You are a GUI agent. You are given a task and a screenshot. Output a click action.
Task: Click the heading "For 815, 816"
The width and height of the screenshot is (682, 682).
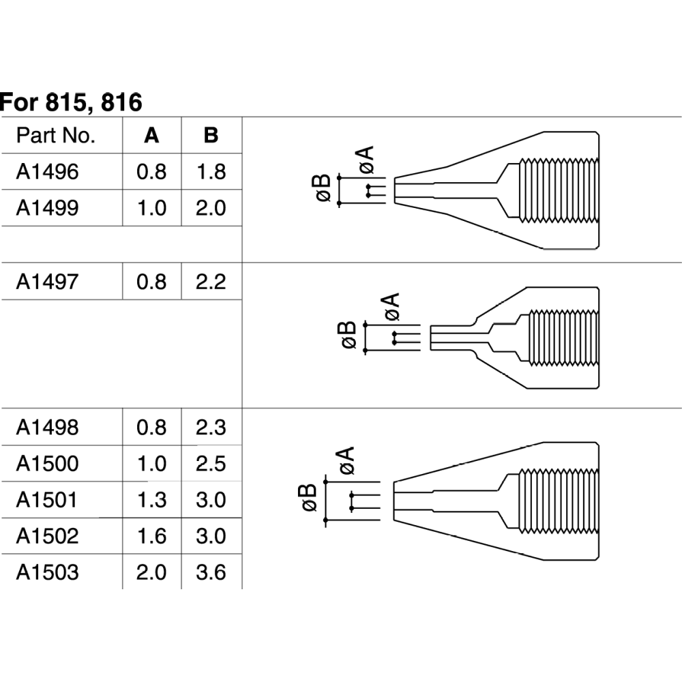71,102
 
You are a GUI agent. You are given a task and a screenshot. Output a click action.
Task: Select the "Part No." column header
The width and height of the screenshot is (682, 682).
56,135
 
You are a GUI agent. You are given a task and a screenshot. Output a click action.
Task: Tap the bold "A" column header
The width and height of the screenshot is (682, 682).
151,135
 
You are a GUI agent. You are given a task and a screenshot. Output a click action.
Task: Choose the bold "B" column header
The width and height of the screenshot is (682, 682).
211,135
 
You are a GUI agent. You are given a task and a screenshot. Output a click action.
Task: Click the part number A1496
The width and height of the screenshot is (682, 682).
48,171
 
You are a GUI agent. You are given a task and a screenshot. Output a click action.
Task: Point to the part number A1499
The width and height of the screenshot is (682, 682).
48,208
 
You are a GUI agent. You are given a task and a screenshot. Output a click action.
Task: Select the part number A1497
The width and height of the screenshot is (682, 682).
48,281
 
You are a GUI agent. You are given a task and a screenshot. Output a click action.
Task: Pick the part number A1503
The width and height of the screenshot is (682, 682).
48,572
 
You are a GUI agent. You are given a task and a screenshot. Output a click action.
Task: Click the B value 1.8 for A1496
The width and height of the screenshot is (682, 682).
211,171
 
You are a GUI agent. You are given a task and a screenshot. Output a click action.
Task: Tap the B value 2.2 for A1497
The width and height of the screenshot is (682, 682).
211,281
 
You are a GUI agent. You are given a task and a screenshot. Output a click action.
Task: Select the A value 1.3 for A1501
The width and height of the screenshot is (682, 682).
151,500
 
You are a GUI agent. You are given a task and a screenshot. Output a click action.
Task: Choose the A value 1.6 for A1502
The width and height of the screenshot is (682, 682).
151,536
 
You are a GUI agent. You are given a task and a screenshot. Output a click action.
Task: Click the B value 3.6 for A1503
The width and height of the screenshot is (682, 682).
211,572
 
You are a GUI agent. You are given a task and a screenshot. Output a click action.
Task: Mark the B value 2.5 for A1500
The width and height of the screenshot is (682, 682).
211,464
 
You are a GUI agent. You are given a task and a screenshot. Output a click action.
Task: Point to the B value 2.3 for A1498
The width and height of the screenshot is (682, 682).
211,428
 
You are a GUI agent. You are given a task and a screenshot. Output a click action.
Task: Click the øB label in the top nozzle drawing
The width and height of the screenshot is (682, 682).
323,189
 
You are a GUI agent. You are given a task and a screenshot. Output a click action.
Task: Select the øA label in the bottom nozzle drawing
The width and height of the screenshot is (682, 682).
346,461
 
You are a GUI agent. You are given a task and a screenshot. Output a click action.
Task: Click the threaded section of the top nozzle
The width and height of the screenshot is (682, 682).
559,190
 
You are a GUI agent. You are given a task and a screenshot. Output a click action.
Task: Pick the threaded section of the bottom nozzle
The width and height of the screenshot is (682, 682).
559,501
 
